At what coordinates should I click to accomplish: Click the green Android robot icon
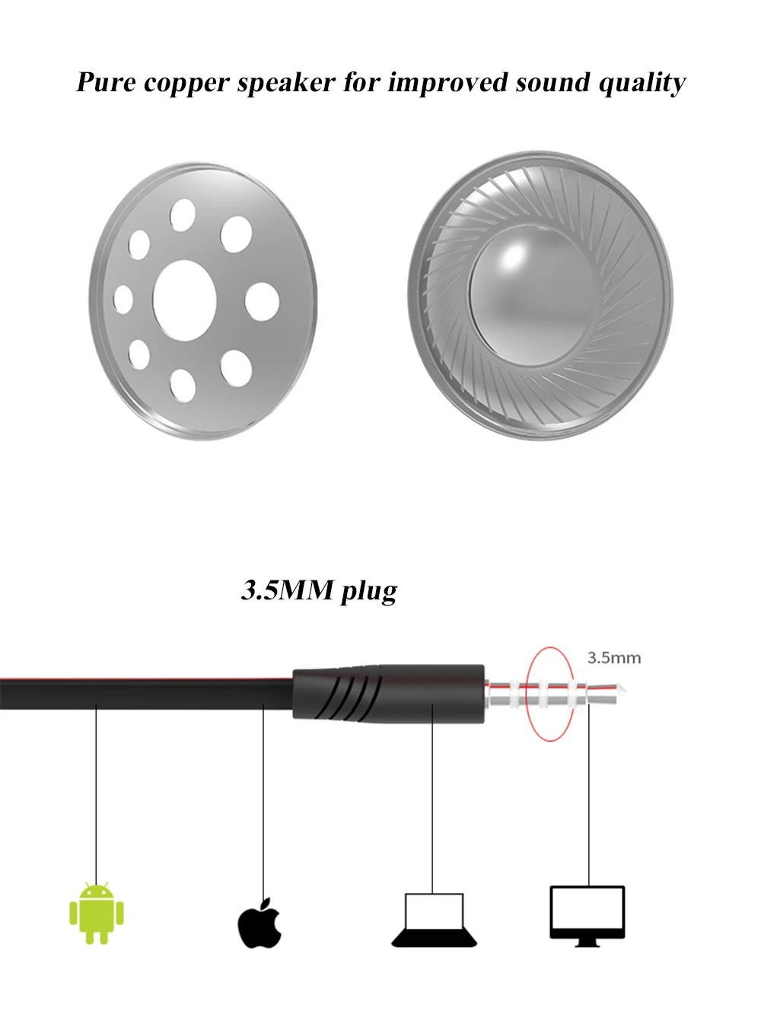pos(97,913)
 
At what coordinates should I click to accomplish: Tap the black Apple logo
pos(260,923)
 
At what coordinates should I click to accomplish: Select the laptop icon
pos(434,920)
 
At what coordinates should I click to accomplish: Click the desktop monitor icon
pos(587,917)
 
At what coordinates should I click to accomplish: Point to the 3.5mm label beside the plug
pos(614,658)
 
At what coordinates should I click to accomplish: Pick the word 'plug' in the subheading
pos(369,592)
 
